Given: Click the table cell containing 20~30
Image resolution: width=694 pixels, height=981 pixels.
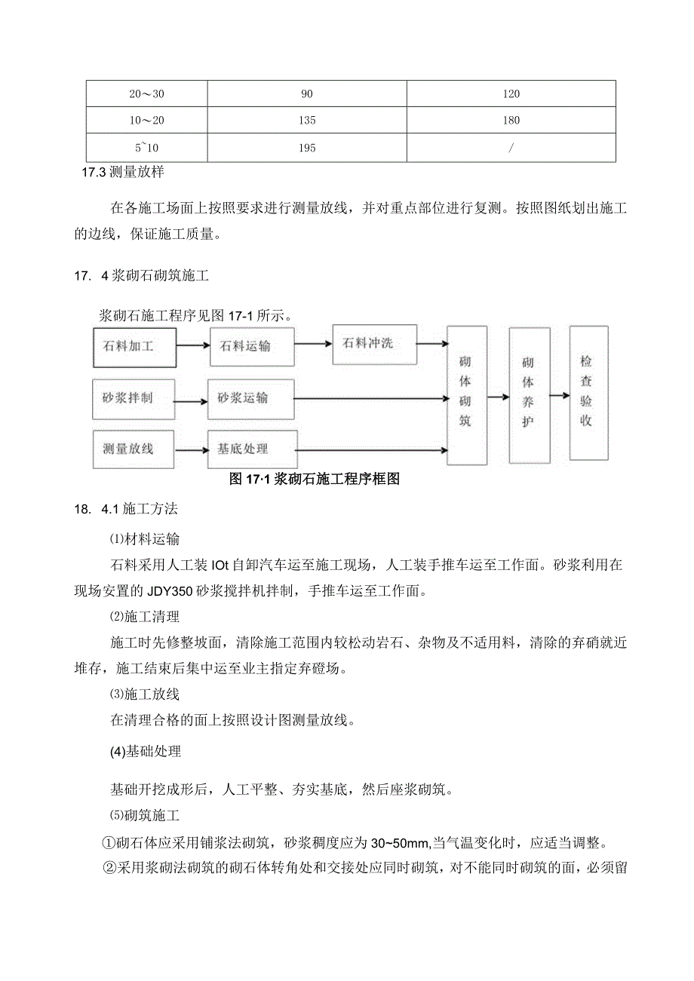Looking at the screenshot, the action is tap(146, 94).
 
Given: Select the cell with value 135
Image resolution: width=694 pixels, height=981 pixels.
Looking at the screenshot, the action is tap(307, 121).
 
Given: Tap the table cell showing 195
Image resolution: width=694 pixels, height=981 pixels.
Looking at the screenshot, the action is tap(307, 148).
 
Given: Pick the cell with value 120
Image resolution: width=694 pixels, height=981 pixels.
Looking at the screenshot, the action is tap(511, 94).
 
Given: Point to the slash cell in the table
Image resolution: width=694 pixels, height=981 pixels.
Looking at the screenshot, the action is tap(511, 148).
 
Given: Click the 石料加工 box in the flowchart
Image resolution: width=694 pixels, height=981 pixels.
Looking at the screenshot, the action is tap(134, 347).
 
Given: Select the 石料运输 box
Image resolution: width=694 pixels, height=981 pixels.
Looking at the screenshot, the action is tap(251, 347).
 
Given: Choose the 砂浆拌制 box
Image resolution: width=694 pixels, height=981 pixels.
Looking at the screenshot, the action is tap(133, 397).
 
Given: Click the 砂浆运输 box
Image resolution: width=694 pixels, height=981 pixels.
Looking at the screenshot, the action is tap(251, 397).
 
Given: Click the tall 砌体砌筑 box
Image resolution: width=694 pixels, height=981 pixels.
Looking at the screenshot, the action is tap(466, 395).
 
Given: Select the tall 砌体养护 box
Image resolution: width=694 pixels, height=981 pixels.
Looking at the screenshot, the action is tap(529, 395).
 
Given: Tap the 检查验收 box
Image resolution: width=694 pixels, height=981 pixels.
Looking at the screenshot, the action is tap(588, 393).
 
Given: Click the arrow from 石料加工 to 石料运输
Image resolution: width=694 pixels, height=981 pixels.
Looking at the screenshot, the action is tap(193, 346).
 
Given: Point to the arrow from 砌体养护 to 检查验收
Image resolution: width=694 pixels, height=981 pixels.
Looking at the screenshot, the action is tap(559, 394).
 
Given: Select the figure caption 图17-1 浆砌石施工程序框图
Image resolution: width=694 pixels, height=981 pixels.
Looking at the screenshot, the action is tap(313, 480).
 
